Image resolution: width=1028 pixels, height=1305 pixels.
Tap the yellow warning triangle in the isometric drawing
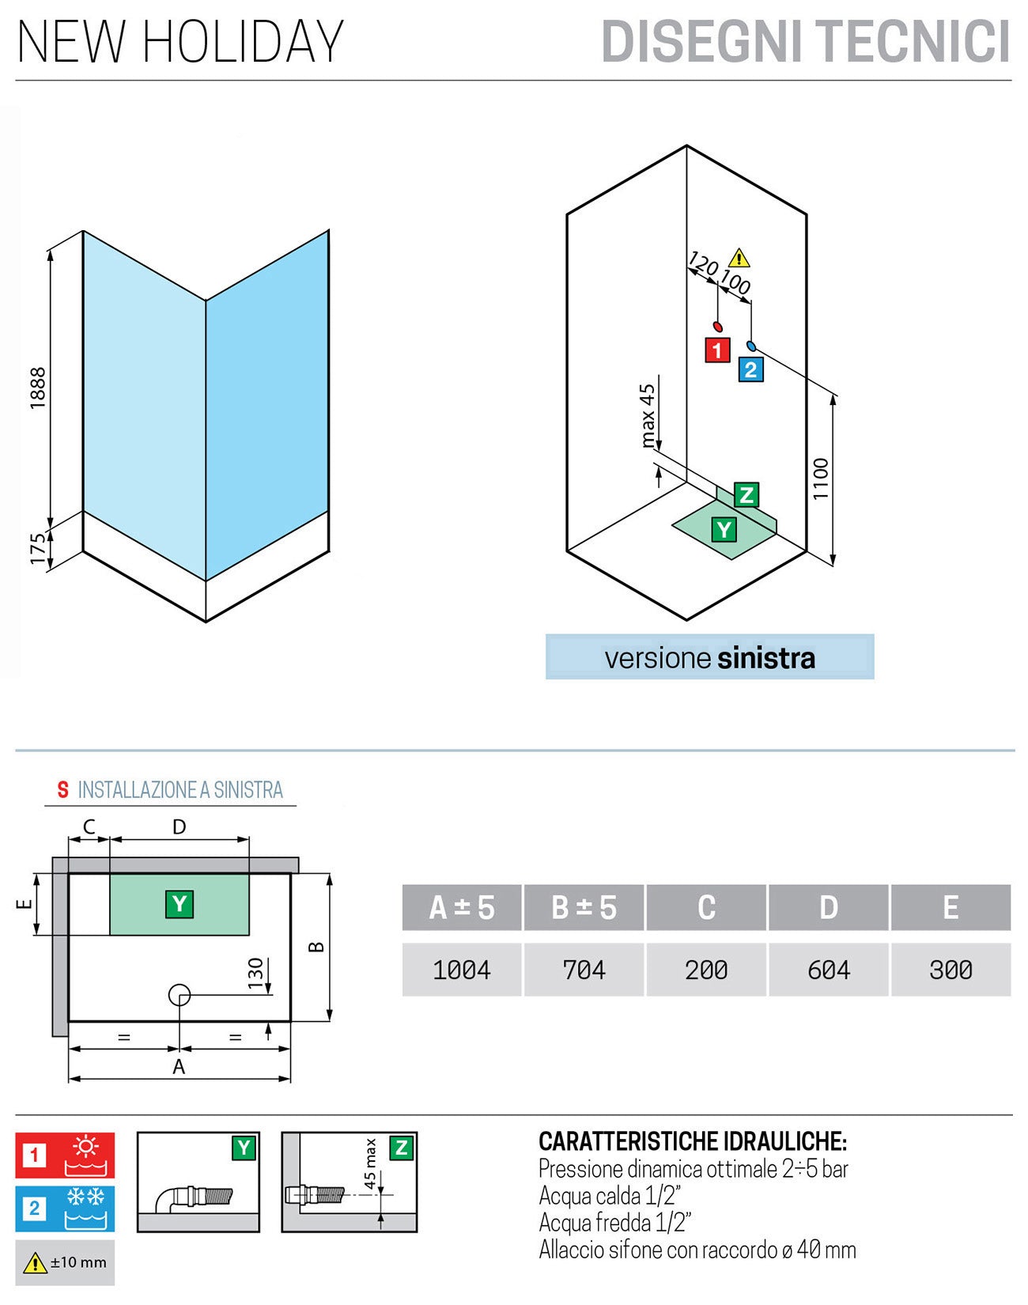[738, 258]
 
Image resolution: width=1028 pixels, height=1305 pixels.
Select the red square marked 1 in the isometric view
[717, 350]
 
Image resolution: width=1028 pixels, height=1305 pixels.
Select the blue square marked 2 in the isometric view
[750, 369]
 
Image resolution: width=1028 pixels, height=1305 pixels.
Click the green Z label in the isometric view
[746, 495]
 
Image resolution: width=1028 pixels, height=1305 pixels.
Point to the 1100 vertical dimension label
[821, 478]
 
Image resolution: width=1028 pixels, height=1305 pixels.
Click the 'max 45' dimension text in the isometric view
[648, 416]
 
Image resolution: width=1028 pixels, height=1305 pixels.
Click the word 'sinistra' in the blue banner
[765, 658]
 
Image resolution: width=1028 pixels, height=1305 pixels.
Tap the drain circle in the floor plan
[180, 995]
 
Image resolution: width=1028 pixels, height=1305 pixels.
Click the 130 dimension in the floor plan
[255, 974]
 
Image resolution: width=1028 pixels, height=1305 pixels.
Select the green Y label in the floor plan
[180, 903]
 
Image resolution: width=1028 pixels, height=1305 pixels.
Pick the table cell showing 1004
[462, 970]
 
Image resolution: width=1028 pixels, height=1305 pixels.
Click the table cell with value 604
[828, 970]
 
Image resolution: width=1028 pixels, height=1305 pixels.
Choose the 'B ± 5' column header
[584, 907]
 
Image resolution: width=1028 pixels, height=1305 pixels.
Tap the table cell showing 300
[951, 970]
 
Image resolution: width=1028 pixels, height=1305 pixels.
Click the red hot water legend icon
[85, 1156]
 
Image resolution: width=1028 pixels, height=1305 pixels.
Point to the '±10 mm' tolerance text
[77, 1262]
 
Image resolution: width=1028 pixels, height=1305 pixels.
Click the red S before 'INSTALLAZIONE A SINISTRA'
[63, 789]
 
